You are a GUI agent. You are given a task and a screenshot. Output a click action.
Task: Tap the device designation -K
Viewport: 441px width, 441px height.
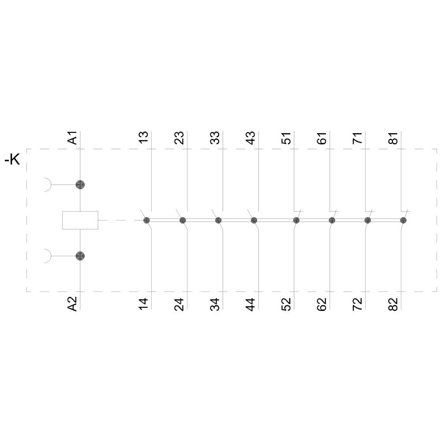[12, 160]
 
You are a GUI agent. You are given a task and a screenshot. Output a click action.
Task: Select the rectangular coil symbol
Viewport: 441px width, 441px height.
[80, 220]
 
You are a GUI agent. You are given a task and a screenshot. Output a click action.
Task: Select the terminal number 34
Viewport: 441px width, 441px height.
[215, 304]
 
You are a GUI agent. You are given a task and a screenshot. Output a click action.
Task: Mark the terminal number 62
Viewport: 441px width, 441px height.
[322, 304]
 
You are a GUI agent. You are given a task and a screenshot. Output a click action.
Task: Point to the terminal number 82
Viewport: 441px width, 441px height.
[394, 304]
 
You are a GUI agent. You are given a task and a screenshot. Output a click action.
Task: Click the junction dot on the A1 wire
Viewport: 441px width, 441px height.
[80, 185]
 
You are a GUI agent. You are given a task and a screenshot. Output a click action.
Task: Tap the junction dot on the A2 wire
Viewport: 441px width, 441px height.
[80, 256]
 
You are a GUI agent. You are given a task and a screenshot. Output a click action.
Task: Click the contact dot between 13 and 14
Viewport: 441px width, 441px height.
[147, 220]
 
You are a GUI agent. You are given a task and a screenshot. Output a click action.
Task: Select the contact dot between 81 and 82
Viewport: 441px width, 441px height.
[403, 220]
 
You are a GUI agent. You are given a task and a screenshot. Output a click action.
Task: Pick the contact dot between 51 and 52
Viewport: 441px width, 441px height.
[296, 220]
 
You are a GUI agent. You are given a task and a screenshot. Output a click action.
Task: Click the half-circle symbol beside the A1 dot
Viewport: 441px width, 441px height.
[47, 185]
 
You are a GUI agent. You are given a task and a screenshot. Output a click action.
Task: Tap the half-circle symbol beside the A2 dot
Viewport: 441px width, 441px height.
[47, 256]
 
